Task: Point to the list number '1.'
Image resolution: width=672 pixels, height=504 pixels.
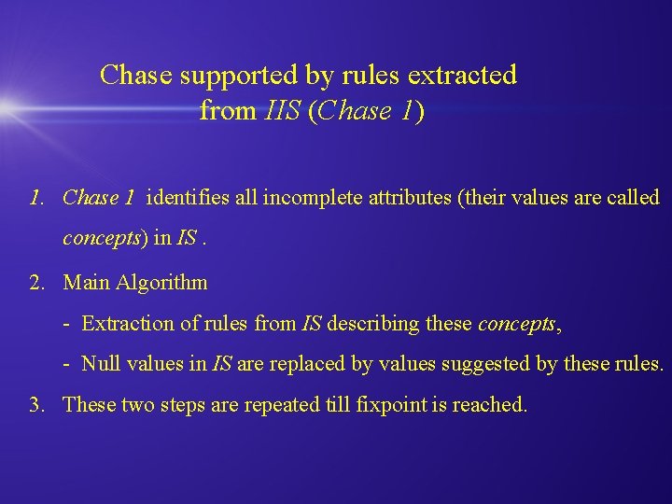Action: [36, 198]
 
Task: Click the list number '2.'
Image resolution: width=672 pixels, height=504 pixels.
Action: [36, 282]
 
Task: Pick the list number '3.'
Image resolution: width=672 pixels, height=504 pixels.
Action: [36, 405]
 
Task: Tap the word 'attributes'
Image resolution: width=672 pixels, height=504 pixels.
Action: [399, 198]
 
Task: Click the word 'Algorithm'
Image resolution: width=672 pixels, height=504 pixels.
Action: [161, 282]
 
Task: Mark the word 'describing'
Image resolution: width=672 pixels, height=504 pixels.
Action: [373, 324]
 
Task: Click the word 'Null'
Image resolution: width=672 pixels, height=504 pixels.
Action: [100, 364]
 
